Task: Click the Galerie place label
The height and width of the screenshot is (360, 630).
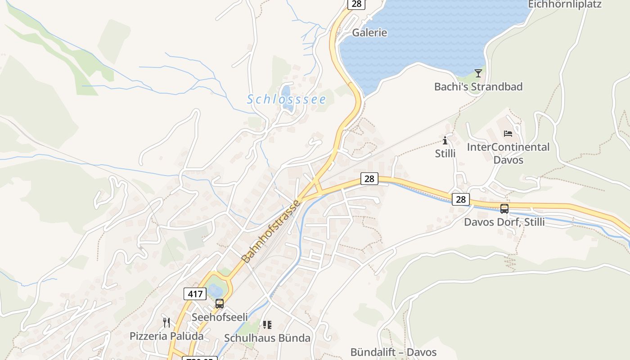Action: tap(369, 33)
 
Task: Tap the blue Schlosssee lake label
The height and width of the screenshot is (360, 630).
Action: tap(286, 99)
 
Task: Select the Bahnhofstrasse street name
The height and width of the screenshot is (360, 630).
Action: tap(271, 232)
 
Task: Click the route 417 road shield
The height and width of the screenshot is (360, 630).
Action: tap(195, 294)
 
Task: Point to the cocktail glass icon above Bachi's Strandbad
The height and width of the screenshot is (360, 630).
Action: tap(478, 73)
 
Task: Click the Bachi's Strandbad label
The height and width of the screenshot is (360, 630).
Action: tap(478, 86)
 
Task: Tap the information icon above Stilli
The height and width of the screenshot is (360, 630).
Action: tap(445, 140)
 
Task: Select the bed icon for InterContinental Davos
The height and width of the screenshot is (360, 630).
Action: tap(508, 134)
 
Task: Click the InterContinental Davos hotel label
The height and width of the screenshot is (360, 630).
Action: tap(508, 153)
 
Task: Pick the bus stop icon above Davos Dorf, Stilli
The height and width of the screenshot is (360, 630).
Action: tap(504, 209)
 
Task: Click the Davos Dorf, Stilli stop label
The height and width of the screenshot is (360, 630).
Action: tap(504, 222)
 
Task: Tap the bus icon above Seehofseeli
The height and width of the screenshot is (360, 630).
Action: tap(219, 304)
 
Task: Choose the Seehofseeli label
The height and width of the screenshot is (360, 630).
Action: tap(220, 317)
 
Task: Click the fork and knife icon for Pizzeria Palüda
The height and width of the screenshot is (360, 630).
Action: tap(166, 322)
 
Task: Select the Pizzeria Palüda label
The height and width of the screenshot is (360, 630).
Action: tap(166, 336)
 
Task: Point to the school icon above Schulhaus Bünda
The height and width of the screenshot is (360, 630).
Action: tap(267, 324)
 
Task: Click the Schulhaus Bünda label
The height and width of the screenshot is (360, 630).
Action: tap(267, 338)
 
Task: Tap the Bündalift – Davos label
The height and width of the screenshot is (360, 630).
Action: tap(393, 352)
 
